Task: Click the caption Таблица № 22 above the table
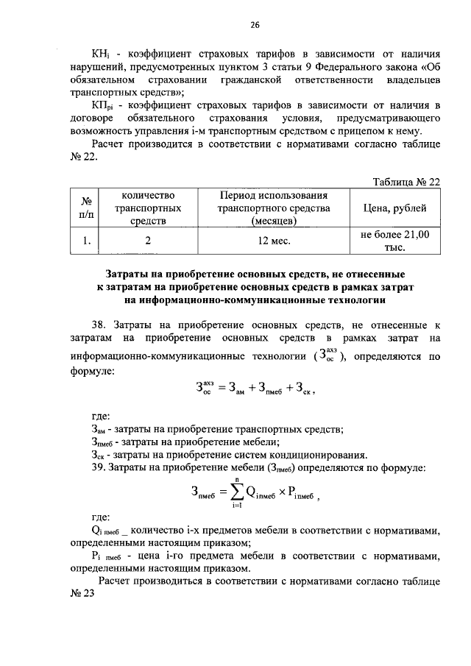click(x=406, y=182)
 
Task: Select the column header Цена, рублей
click(x=390, y=208)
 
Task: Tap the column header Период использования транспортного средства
click(x=274, y=208)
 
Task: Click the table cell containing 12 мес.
click(x=274, y=241)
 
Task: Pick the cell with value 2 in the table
click(x=148, y=241)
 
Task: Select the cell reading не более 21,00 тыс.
click(x=390, y=241)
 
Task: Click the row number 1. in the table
click(x=86, y=241)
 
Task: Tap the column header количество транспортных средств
click(x=148, y=208)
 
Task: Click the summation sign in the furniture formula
click(x=235, y=497)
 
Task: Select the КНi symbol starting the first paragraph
click(x=99, y=55)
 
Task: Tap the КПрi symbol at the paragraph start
click(x=101, y=108)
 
